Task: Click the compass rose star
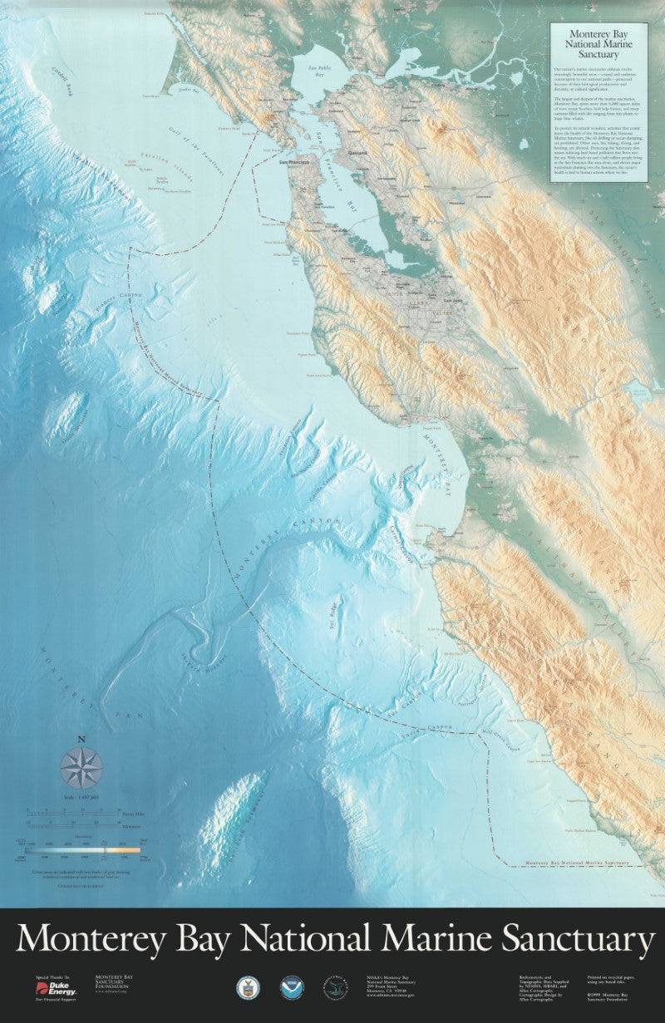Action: pos(81,768)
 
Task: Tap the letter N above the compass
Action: pos(81,739)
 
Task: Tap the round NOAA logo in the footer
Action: pos(291,987)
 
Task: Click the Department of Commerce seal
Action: pos(248,987)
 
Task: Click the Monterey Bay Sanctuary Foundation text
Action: pos(113,982)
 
